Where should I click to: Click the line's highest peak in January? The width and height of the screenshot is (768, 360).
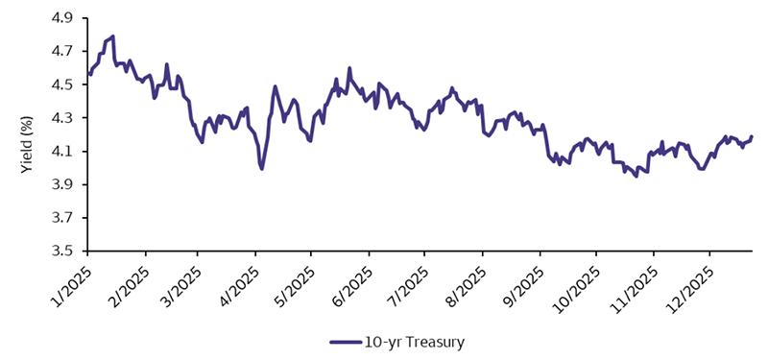[x=113, y=36]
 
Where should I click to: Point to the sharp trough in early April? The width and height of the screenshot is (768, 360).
[x=261, y=168]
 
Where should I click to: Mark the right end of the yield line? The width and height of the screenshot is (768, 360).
[x=752, y=136]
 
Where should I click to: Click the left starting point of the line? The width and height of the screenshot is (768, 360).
[x=89, y=73]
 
